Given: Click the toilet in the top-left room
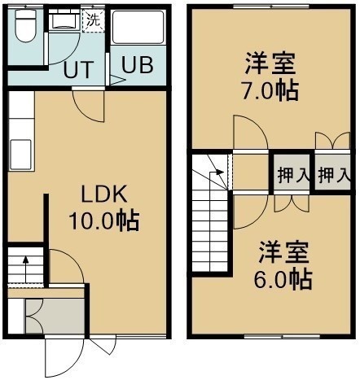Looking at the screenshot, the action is (26, 26).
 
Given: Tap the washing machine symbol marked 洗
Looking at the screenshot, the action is (94, 21).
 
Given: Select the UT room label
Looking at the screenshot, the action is (79, 70).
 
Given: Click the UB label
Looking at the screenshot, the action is (138, 65).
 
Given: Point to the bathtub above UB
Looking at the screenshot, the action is (138, 27).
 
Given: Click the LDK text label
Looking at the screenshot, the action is (104, 194).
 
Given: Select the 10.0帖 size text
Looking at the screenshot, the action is (104, 221).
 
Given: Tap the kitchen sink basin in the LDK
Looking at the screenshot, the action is (21, 155).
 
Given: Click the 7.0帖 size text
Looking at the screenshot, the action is (270, 90).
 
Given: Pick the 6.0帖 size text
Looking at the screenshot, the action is (283, 279).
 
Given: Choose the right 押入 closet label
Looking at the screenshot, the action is (333, 175).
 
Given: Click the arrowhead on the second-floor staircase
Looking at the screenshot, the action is (220, 172).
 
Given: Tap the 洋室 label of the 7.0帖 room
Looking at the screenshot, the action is (270, 64).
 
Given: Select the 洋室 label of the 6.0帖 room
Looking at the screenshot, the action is (283, 253).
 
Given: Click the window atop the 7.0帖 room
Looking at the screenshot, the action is (270, 7).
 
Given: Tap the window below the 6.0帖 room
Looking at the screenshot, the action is (282, 337).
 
